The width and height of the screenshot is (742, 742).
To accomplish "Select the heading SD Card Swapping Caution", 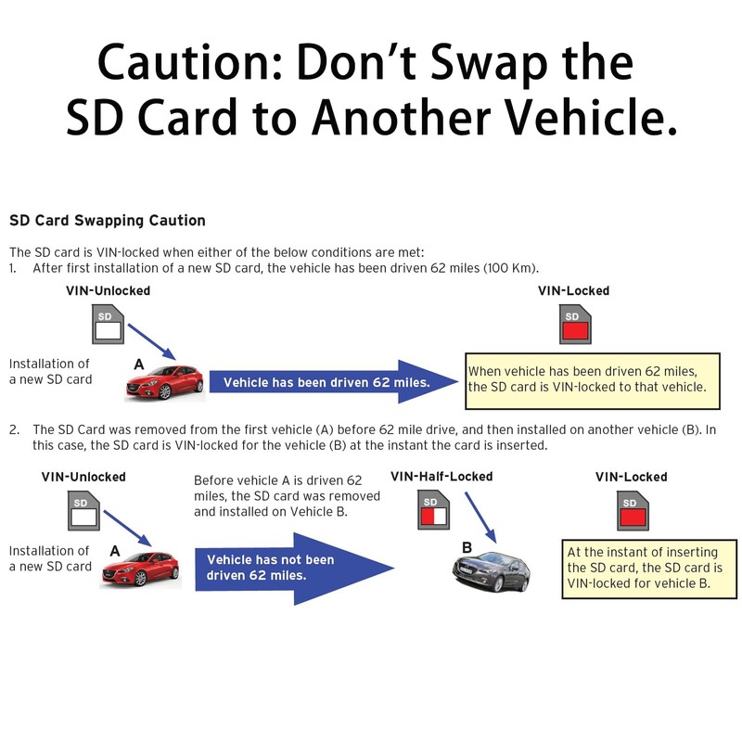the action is tap(107, 221).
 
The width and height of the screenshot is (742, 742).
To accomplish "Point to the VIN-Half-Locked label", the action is tap(441, 476).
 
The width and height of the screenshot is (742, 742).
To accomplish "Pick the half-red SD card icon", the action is tap(434, 512).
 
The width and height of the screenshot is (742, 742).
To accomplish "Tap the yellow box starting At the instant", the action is tap(644, 567).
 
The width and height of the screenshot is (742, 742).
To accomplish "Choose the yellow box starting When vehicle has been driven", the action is tap(593, 378).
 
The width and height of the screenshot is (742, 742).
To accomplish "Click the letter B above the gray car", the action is tap(467, 546).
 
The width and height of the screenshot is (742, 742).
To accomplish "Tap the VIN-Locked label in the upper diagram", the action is tap(573, 290).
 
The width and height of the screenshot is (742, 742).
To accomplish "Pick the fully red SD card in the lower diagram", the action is tap(631, 512).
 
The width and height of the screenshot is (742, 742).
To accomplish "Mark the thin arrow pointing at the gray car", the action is tap(481, 517).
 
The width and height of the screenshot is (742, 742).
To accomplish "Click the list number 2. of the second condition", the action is tap(15, 429).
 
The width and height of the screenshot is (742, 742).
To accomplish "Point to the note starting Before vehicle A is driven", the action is tap(277, 495).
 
